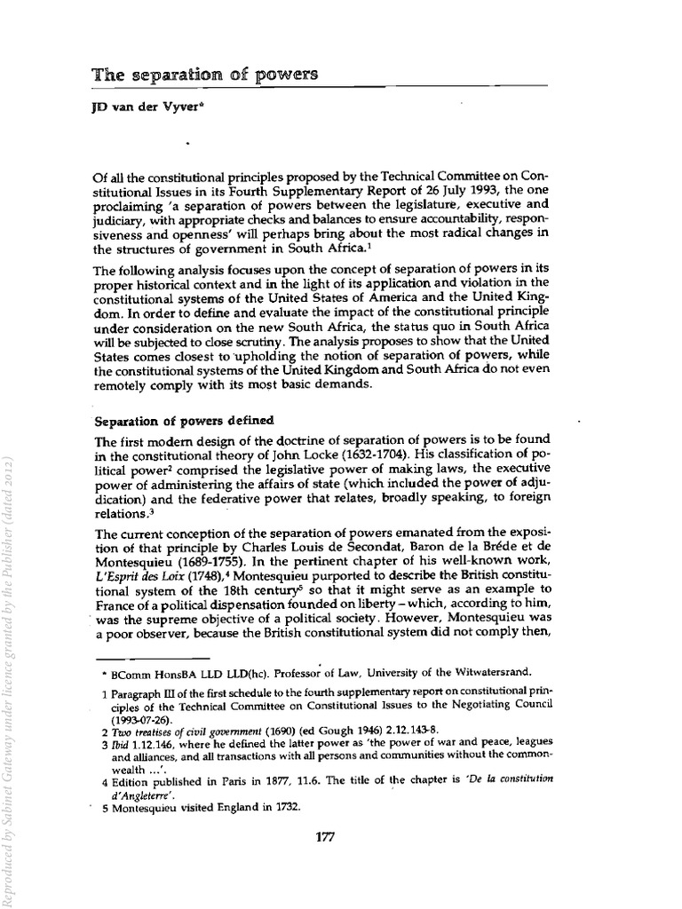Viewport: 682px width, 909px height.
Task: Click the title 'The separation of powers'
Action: [204, 75]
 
